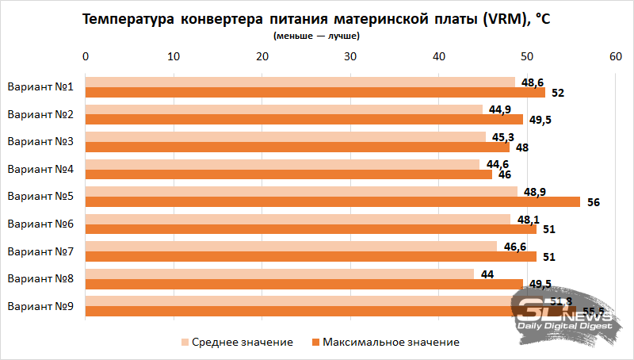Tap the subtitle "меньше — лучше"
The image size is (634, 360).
317,36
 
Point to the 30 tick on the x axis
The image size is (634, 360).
349,56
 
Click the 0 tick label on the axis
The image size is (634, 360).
86,56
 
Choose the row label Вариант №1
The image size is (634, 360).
40,87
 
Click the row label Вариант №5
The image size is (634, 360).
40,197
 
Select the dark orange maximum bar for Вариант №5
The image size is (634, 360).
332,202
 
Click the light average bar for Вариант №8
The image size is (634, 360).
279,274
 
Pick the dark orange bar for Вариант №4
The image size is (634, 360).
288,174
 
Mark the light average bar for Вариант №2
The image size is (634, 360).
283,109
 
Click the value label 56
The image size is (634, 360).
594,202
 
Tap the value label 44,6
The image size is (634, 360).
498,164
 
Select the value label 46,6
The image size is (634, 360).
515,247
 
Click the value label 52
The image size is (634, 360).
558,93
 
